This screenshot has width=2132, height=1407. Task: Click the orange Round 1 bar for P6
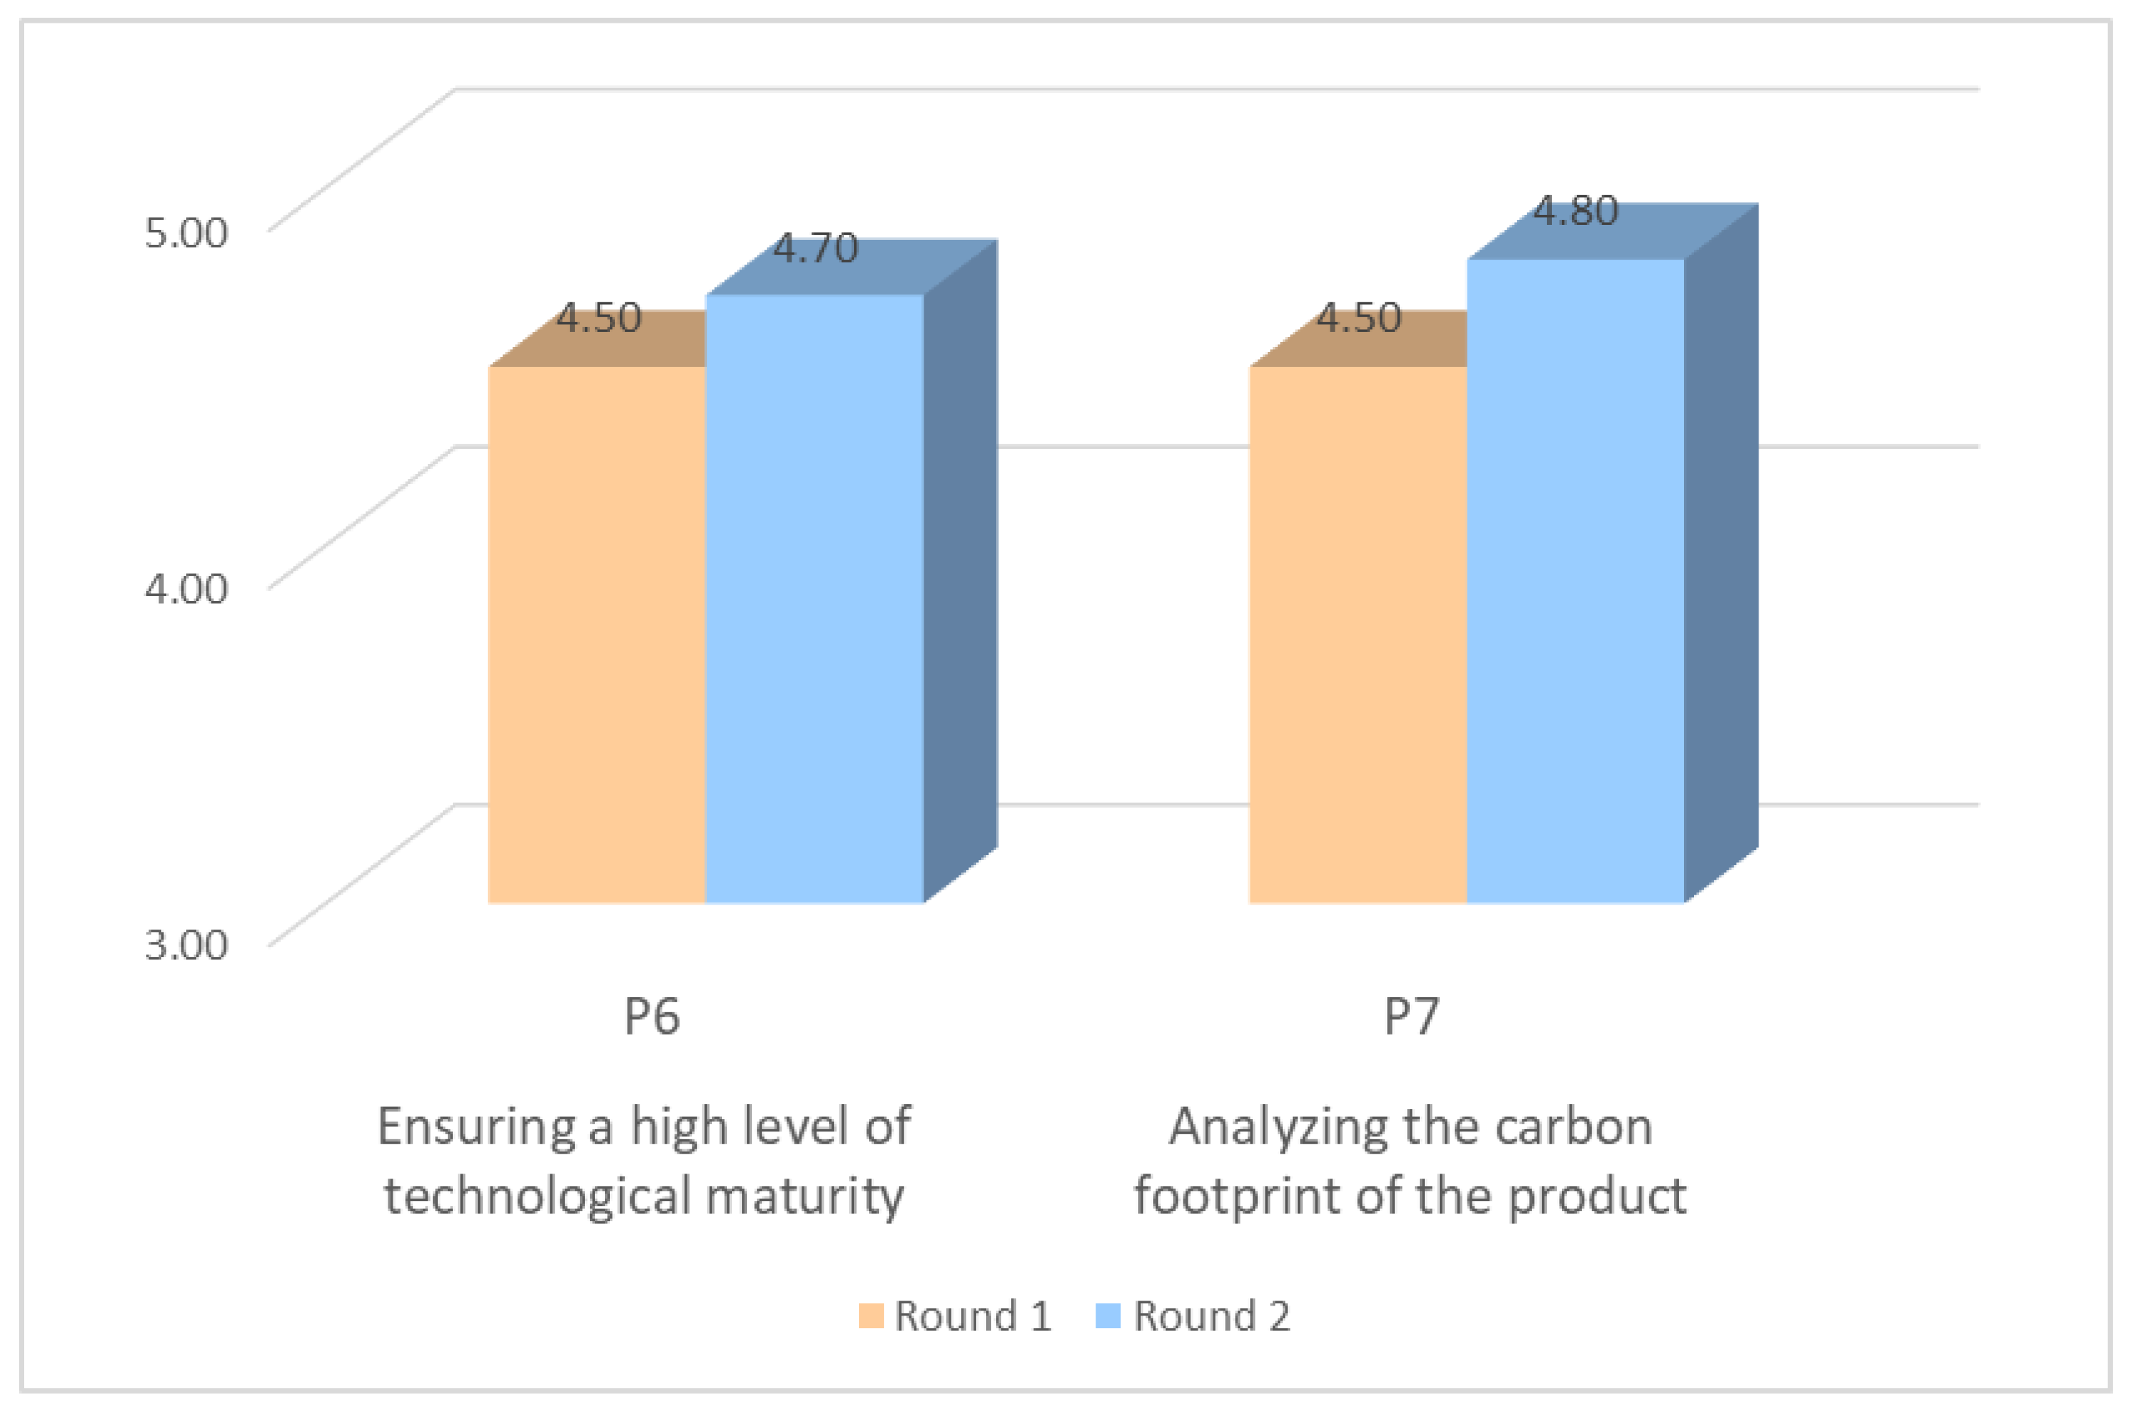[596, 634]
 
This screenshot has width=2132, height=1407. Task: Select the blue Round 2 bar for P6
[814, 597]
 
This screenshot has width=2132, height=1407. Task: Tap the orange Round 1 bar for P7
[1357, 634]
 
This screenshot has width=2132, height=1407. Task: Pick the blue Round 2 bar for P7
[1575, 580]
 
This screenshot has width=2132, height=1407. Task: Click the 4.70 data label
[815, 248]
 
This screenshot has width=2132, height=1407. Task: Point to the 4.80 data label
[1575, 211]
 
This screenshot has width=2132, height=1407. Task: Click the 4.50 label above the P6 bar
[598, 319]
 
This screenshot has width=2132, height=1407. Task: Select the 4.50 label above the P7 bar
[1358, 319]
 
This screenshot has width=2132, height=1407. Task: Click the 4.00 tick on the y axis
[186, 589]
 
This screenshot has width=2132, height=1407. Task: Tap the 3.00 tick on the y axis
[186, 945]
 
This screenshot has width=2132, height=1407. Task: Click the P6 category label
[652, 1017]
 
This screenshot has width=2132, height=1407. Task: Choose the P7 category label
[1411, 1017]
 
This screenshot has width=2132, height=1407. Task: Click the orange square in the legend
[870, 1315]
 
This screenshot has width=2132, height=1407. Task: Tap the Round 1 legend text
[972, 1315]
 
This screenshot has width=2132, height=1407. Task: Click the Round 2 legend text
[1211, 1315]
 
